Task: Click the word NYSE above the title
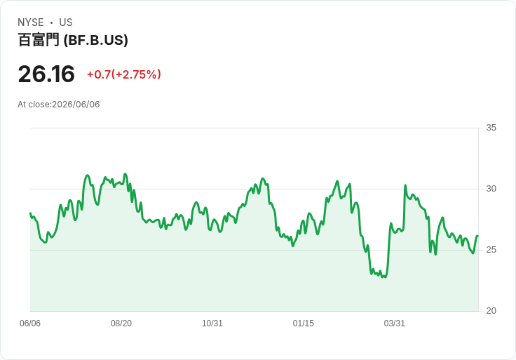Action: point(31,22)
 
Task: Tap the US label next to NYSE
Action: point(66,22)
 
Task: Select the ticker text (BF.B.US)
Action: point(96,40)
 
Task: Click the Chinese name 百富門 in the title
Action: point(39,40)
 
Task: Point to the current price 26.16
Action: point(46,74)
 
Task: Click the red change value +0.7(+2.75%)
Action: point(123,74)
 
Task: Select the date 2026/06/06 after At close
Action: point(76,105)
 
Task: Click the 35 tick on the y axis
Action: point(491,128)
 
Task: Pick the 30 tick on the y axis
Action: point(491,189)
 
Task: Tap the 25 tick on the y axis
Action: point(491,250)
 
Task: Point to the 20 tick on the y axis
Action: point(491,311)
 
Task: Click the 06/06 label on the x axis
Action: point(30,324)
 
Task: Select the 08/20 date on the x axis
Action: point(121,324)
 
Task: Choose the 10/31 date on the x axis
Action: point(212,324)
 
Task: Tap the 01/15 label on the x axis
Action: point(304,324)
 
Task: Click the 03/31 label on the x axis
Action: point(394,324)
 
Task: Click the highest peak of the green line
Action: point(125,173)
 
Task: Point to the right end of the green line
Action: point(477,236)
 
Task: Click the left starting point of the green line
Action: point(30,213)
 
